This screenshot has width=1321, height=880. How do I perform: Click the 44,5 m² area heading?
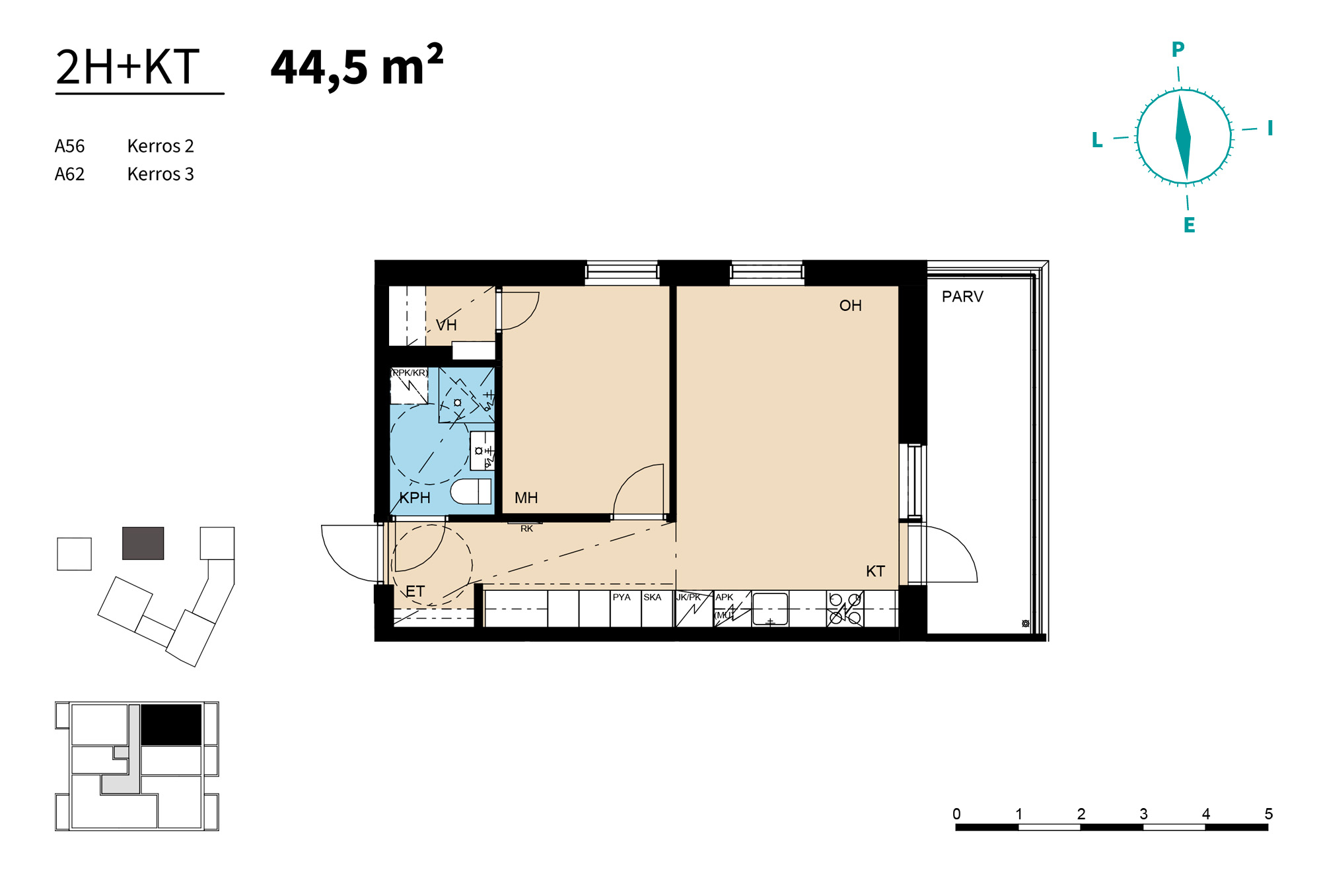(x=357, y=67)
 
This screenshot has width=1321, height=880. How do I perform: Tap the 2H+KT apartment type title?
(x=127, y=67)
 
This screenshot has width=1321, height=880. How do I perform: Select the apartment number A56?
(x=69, y=146)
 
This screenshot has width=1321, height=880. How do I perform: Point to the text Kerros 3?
(x=161, y=174)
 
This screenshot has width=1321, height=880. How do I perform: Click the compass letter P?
(x=1178, y=49)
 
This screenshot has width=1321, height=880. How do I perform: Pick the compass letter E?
(x=1189, y=225)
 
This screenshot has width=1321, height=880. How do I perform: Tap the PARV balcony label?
(x=962, y=296)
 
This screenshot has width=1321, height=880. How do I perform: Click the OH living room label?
(x=850, y=306)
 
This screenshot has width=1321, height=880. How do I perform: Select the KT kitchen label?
(x=875, y=571)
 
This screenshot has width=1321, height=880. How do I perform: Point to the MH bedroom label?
(x=526, y=498)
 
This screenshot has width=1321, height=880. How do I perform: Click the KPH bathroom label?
(x=415, y=498)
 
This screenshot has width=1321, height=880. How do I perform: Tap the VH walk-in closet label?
(x=446, y=325)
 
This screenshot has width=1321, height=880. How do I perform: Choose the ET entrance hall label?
(x=415, y=592)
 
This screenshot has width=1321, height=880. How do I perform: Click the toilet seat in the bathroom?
(x=470, y=491)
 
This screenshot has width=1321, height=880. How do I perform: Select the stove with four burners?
(x=845, y=609)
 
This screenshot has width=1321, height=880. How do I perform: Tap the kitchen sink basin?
(x=770, y=609)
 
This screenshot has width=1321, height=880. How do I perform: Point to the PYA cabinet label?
(x=622, y=597)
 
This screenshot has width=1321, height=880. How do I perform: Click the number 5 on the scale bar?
(x=1268, y=814)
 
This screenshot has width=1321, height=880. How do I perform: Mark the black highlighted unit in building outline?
(x=171, y=725)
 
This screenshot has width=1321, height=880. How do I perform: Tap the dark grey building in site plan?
(x=143, y=543)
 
